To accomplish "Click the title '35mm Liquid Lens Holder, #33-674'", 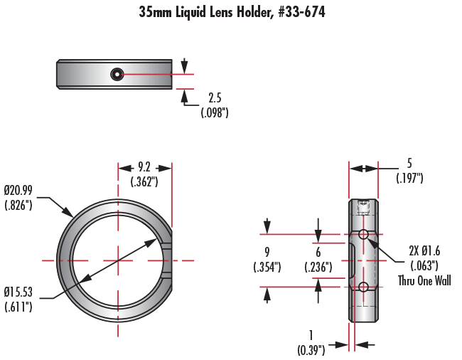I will point(232,13).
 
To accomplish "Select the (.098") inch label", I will point(215,112).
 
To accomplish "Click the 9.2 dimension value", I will point(144,168).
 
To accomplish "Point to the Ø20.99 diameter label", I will point(19,191).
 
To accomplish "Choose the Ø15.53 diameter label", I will point(19,292).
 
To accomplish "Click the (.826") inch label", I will point(18,206).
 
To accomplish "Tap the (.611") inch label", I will point(18,307).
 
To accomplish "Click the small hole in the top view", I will point(116,74).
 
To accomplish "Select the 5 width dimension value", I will point(409,163).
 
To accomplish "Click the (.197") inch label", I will point(409,178).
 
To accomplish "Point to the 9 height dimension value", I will point(267,252).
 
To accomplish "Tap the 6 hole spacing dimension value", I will point(318,252).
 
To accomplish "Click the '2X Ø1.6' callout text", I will point(425,250).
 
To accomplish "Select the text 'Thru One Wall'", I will point(425,280).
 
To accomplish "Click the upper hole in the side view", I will point(363,234).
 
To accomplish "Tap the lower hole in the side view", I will point(363,287).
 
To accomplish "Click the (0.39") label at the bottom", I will point(311,349).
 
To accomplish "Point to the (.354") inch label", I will point(267,268).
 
